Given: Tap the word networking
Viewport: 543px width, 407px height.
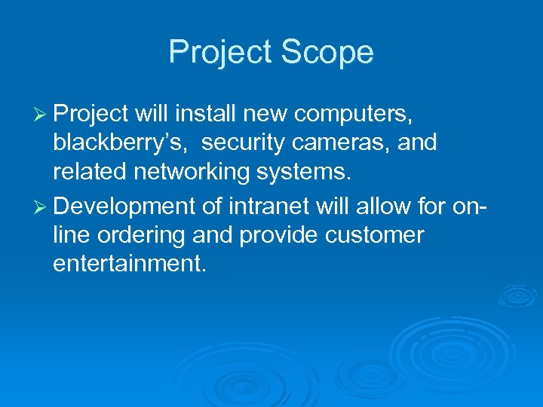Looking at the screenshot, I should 199,173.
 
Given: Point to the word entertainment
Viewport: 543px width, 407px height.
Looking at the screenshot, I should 129,265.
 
